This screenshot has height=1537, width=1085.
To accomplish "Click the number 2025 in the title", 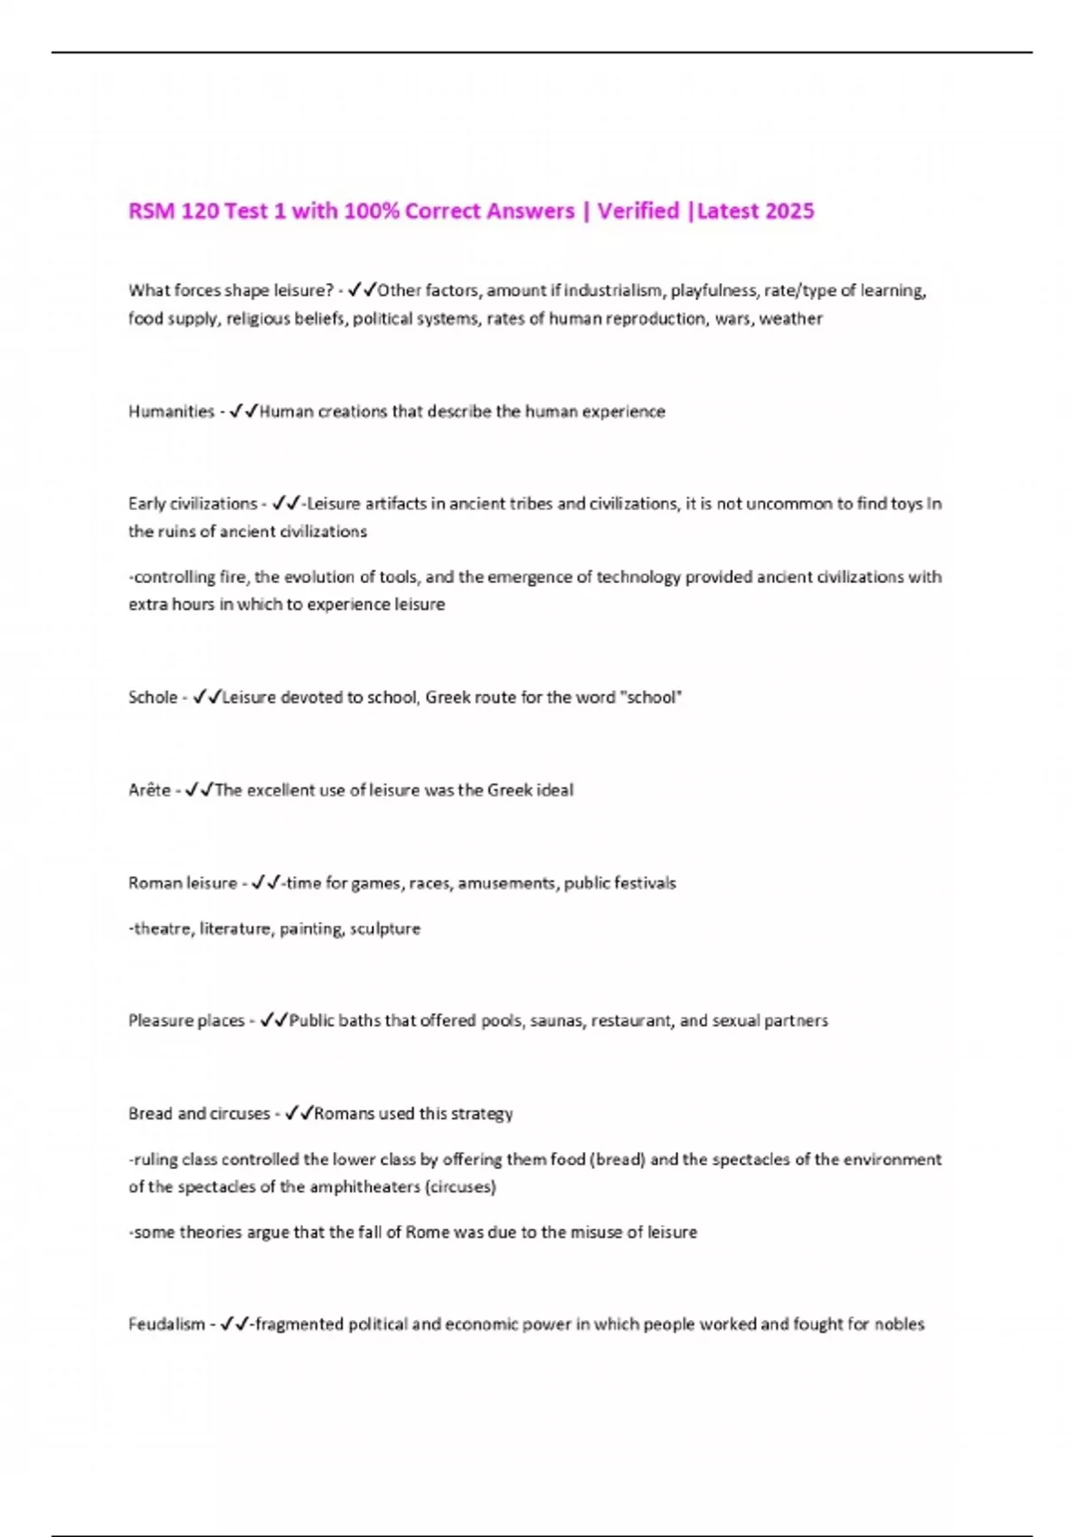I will click(789, 212).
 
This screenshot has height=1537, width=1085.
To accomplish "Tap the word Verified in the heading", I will click(638, 212).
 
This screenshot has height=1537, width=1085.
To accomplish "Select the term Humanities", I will click(171, 412).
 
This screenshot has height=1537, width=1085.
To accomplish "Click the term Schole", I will click(153, 698).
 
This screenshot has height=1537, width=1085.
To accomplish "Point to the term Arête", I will click(149, 791).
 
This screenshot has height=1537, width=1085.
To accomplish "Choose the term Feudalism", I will click(166, 1325).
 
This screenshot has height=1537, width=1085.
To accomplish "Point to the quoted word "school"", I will click(653, 698).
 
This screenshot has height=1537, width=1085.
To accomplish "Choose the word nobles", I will click(899, 1325).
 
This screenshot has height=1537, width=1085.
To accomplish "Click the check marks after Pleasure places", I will click(273, 1022).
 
